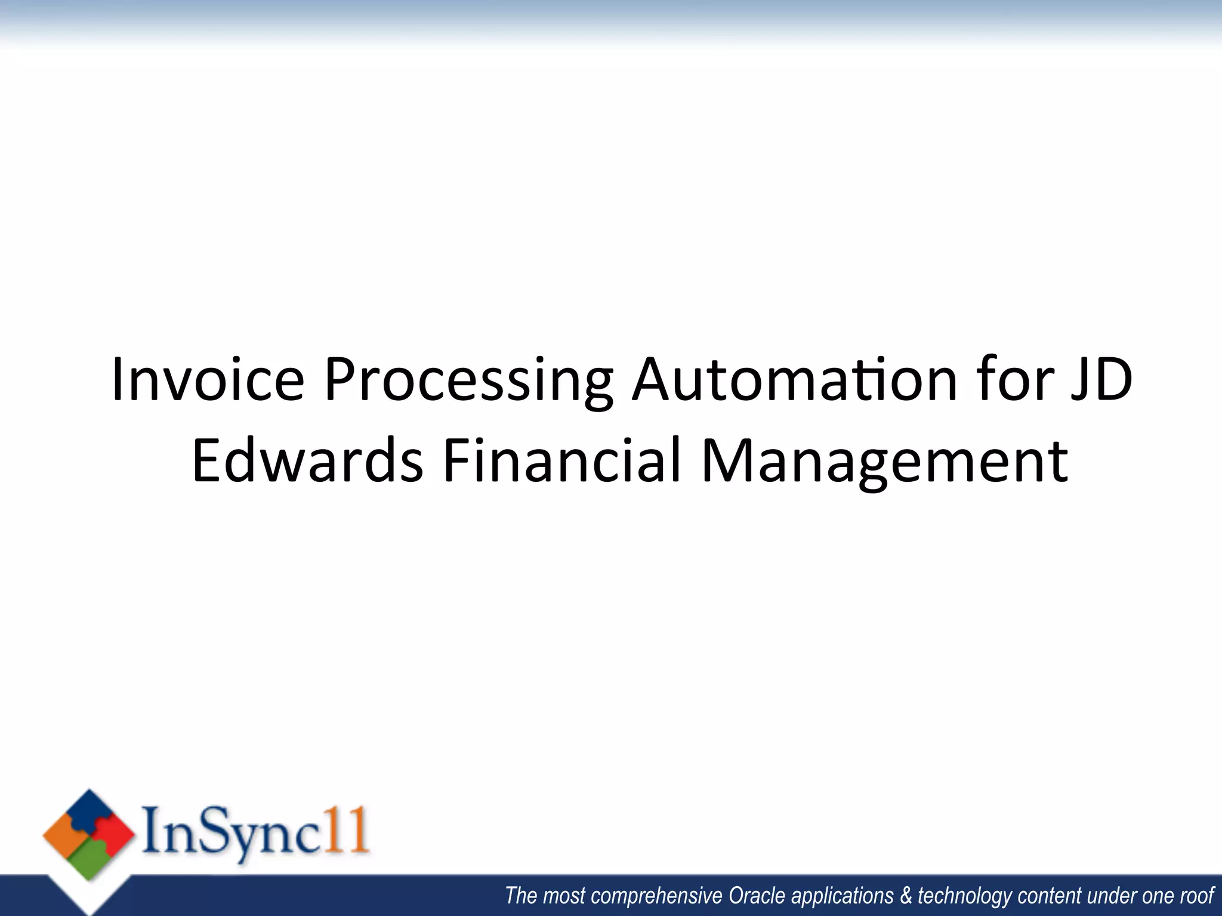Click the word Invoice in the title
(x=208, y=380)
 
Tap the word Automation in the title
(x=794, y=380)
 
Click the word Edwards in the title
(x=307, y=460)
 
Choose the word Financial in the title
(x=561, y=460)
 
